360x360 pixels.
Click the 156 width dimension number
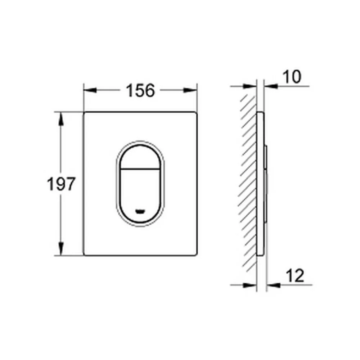(140, 90)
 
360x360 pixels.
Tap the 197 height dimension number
(61, 184)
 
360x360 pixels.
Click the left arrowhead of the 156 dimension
(90, 90)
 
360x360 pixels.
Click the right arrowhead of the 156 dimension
(190, 90)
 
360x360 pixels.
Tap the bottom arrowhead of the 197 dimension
(61, 249)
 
